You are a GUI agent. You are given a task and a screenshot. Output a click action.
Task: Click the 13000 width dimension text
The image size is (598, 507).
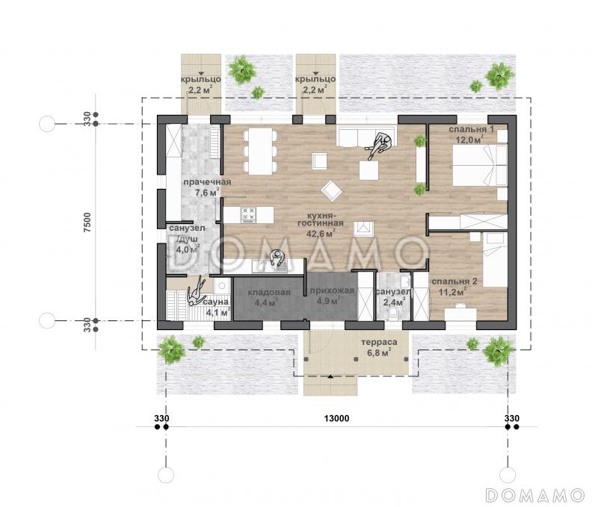pos(336,419)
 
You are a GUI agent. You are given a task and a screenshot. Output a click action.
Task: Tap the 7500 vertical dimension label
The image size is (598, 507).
pos(87,223)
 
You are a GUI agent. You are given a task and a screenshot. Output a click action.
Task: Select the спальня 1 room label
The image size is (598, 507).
pos(472,129)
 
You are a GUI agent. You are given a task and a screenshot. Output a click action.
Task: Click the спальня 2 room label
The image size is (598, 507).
pos(454,282)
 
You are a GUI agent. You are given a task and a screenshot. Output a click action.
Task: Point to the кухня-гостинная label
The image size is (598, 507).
pos(321,219)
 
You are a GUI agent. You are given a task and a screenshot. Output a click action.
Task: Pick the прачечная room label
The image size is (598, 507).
pos(207,182)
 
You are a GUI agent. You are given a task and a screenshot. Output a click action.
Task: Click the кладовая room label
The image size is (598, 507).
pos(269,293)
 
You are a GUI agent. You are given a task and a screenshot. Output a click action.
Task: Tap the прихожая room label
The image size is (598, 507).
pos(332,291)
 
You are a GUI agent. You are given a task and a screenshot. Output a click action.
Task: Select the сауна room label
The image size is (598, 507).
pos(216,302)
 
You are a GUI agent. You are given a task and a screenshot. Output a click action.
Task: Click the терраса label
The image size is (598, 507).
pos(379,342)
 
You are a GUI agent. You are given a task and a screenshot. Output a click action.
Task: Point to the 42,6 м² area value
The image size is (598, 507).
pos(321,233)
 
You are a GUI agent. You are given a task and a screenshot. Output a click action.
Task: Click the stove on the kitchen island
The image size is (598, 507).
pos(248,214)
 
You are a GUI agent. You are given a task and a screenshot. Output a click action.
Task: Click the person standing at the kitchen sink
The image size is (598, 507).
pos(277,259)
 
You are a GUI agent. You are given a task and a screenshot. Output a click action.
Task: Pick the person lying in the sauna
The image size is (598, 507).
pos(196,291)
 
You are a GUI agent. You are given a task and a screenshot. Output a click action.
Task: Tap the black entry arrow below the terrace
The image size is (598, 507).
pos(330,376)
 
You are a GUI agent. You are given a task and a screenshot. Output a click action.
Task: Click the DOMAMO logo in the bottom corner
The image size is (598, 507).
pos(535,495)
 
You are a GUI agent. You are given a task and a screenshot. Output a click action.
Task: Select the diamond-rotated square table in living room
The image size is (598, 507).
pos(331,190)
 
